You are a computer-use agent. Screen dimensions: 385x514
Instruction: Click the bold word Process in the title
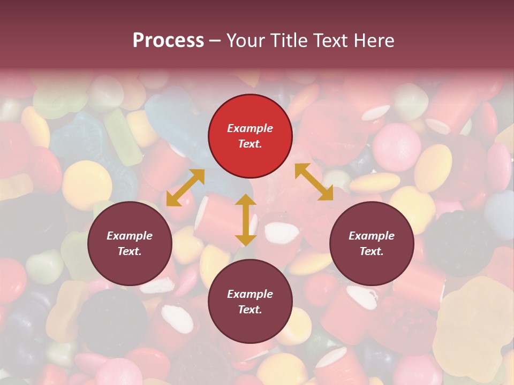click(x=168, y=41)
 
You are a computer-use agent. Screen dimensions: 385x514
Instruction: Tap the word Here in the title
click(x=373, y=41)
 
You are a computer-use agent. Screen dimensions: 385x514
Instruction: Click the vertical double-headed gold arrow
click(x=246, y=220)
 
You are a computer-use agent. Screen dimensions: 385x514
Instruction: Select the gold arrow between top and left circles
click(x=185, y=188)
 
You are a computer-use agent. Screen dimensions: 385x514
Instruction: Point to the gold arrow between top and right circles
click(x=314, y=182)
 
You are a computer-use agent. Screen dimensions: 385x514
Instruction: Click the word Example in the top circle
click(x=250, y=128)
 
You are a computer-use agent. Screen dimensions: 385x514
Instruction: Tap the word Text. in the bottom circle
click(x=250, y=310)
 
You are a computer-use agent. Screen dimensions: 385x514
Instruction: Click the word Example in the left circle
click(x=130, y=236)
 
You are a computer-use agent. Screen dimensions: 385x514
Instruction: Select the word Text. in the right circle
click(x=372, y=251)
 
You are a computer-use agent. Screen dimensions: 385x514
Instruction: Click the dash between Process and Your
click(x=215, y=41)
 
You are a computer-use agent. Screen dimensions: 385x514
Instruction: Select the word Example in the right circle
click(x=372, y=236)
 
